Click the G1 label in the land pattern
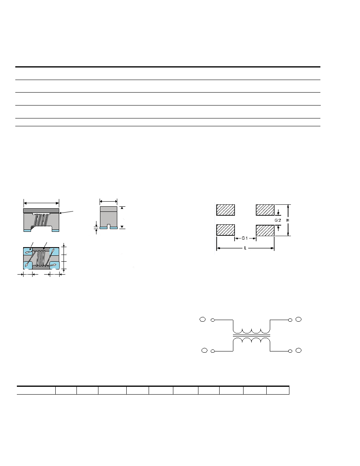244,238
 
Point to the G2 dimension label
278,220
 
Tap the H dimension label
288,220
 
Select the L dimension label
245,248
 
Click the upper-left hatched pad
225,210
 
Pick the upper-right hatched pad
265,210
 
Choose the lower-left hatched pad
225,230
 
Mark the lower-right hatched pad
265,230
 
